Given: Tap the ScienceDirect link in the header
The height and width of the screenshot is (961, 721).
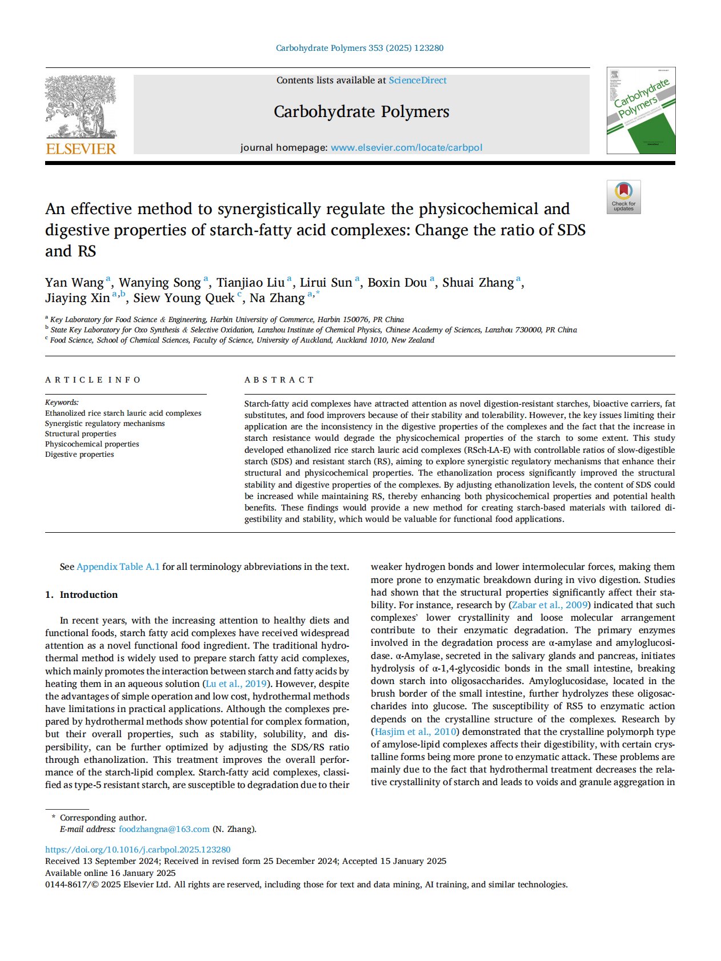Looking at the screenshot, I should [418, 81].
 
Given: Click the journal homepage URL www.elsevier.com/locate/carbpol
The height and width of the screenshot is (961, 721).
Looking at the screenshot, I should [406, 147].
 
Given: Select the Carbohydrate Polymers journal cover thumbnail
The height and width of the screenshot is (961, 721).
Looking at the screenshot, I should [640, 110].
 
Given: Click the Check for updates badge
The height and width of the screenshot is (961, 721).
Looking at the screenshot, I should [623, 197].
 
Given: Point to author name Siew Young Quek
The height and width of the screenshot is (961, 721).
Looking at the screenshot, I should [183, 298].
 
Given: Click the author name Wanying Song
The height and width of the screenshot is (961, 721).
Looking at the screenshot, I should [159, 283].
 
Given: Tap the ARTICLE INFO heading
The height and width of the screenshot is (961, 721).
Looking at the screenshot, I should [93, 380].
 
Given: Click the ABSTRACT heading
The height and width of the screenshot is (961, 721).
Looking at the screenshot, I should [279, 380].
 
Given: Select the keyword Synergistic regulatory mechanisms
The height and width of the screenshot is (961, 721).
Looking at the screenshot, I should [105, 424].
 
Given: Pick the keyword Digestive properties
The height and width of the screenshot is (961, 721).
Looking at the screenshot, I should [79, 455].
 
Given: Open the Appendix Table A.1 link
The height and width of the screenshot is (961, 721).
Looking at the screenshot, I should [118, 567].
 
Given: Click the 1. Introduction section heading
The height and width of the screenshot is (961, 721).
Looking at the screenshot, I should [81, 594].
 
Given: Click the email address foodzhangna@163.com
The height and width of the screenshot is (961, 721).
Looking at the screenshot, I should [164, 829].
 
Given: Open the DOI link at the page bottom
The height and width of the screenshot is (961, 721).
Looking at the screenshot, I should [138, 850].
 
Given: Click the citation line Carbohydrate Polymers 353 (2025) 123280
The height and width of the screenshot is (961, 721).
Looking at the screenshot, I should [359, 48].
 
